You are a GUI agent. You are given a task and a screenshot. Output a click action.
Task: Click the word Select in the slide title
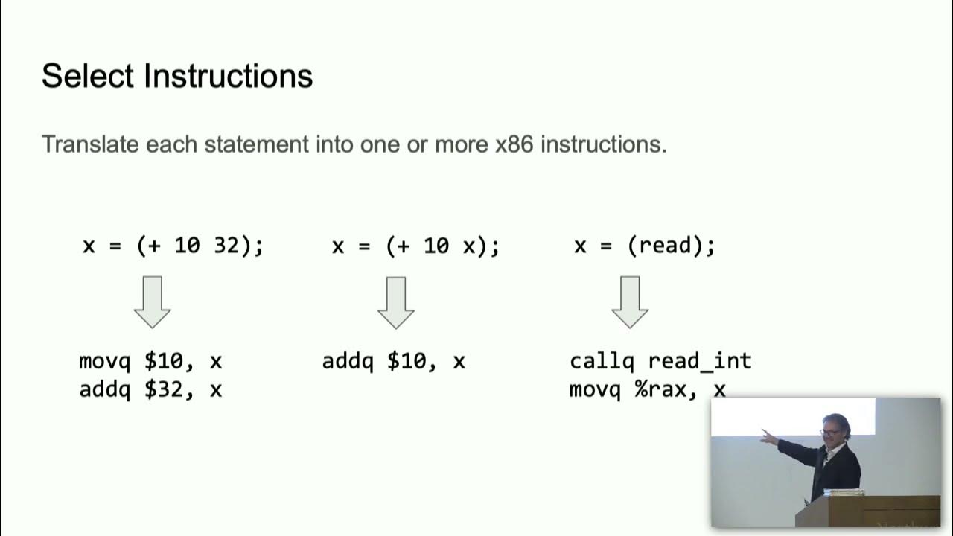(87, 77)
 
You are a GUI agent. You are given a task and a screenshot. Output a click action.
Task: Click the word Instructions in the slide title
(229, 77)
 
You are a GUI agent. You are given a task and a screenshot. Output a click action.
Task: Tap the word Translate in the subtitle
(90, 144)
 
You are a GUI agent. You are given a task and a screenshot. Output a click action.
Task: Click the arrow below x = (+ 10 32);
(153, 302)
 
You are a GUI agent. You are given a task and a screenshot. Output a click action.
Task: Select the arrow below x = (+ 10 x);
(395, 302)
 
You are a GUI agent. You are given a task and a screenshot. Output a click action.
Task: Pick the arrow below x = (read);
(630, 302)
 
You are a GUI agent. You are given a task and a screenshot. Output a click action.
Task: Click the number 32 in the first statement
(226, 246)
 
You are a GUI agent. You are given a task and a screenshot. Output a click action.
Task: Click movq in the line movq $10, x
(104, 362)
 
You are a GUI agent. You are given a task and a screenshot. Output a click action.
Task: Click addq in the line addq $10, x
(348, 362)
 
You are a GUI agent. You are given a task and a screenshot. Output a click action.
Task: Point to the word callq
(602, 362)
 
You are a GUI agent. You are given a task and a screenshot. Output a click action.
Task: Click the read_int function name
(700, 362)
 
